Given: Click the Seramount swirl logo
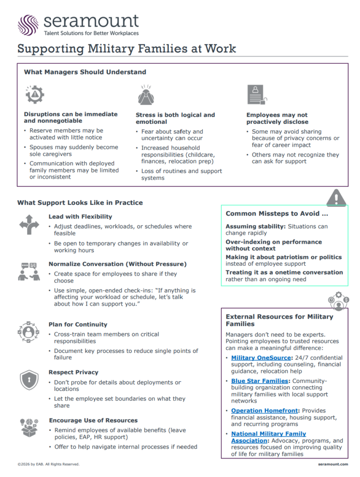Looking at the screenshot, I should (28, 25).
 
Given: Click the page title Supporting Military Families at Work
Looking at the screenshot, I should (127, 48).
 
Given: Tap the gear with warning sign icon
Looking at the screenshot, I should (34, 95).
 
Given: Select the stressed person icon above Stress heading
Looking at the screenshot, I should (146, 95).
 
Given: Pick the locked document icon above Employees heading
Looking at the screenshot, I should (257, 95).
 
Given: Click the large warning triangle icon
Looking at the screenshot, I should (336, 197).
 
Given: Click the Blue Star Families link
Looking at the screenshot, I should (259, 381).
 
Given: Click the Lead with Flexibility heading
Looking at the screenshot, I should (80, 216).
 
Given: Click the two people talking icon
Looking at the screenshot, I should (29, 272).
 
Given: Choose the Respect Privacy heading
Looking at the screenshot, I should (73, 372).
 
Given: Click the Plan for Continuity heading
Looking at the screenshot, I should (78, 324).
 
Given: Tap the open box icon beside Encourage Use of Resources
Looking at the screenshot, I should (29, 427).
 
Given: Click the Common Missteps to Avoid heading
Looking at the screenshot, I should (277, 214).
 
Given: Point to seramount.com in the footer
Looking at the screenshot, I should (332, 464).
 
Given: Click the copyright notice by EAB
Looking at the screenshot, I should (48, 464).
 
